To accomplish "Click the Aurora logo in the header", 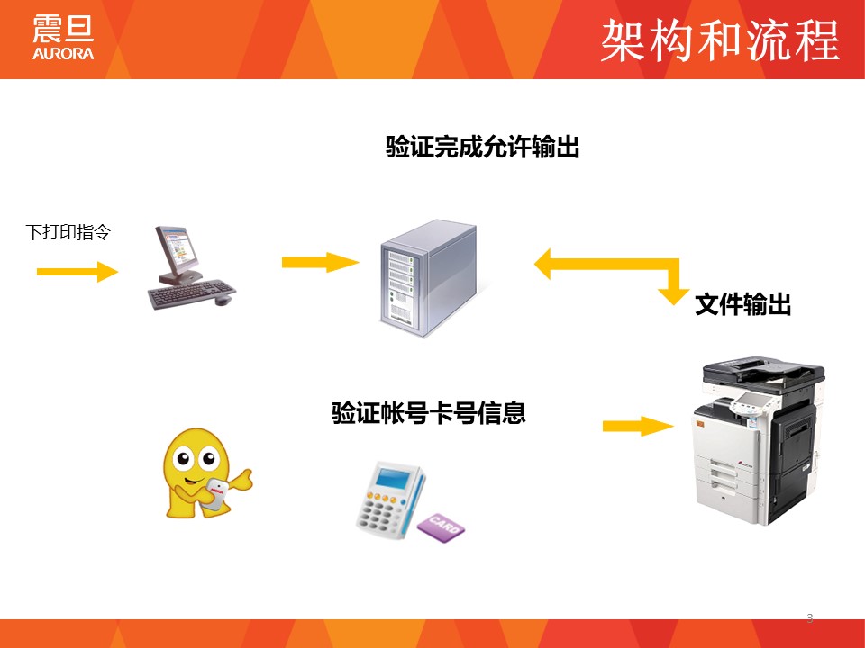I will (63, 38).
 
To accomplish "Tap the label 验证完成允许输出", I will (482, 147).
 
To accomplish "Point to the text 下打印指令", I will (68, 232).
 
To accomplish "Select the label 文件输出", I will (742, 305).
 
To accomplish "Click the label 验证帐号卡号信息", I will (429, 413).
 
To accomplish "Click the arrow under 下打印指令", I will (77, 271).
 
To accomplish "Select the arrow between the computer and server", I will (320, 262).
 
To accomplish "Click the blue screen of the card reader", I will (392, 476).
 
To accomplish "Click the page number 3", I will (809, 618).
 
